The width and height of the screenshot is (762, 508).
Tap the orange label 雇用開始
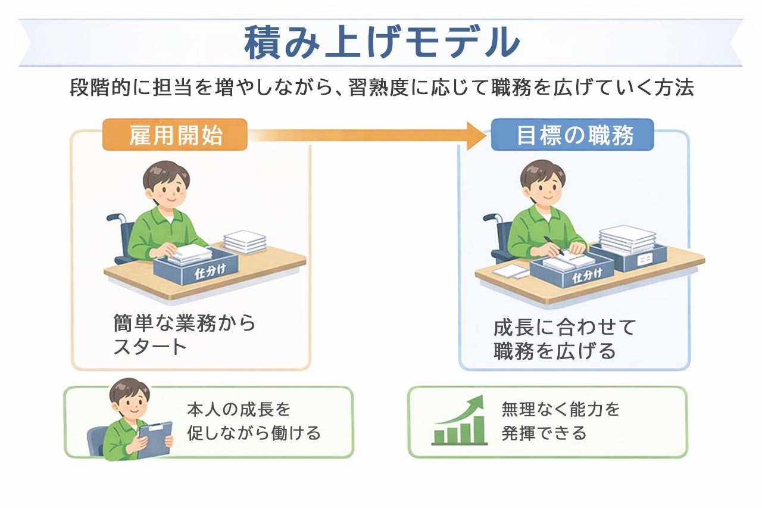[x=175, y=135]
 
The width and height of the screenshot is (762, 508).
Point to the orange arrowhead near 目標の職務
[x=477, y=135]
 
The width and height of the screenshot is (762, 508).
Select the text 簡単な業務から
[x=185, y=323]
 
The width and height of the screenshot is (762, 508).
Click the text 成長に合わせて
[x=565, y=327]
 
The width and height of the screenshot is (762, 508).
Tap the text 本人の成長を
[x=238, y=409]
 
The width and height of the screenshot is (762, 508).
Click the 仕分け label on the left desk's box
[x=211, y=273]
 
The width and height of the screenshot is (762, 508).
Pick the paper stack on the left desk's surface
[x=245, y=241]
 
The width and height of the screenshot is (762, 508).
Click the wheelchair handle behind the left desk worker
[x=113, y=218]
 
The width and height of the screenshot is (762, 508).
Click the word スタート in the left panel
[x=150, y=347]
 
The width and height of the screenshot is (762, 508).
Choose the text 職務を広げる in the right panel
[x=554, y=351]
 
